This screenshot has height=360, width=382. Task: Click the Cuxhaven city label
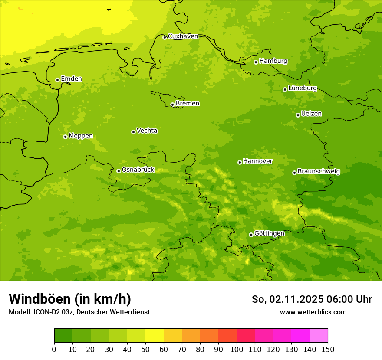(x=183, y=36)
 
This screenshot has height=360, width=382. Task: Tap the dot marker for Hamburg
(x=256, y=62)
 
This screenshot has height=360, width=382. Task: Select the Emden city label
(x=71, y=79)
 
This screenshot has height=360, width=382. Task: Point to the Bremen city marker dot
(x=172, y=105)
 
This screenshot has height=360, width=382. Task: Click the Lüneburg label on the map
(x=303, y=88)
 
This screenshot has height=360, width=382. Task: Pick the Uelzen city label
(x=311, y=114)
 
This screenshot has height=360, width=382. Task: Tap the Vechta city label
(x=147, y=131)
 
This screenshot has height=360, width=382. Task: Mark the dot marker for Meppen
(x=65, y=137)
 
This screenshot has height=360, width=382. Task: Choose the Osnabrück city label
(x=138, y=170)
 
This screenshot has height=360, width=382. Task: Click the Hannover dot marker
(x=240, y=162)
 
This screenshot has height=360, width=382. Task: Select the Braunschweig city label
(x=319, y=172)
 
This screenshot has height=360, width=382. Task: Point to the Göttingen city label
(x=269, y=234)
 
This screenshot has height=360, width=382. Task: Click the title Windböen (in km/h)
(x=70, y=299)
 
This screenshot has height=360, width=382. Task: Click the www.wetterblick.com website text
(x=313, y=312)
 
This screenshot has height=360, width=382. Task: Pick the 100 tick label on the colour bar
(x=237, y=349)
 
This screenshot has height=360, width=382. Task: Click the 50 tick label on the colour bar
(x=145, y=349)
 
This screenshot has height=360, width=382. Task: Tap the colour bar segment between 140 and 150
(x=319, y=336)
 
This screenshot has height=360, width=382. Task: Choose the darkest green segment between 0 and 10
(x=63, y=336)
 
